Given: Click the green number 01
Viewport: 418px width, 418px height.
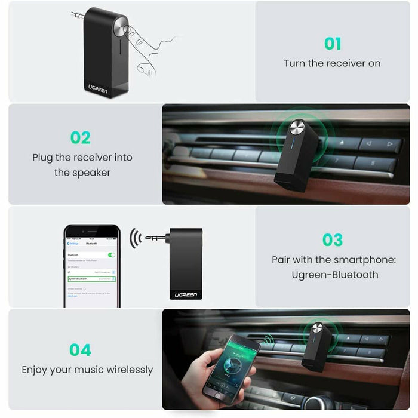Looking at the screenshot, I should click(x=333, y=44).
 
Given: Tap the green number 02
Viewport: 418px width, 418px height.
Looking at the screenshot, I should click(x=80, y=137).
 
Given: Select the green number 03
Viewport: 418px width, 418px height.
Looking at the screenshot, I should click(x=333, y=240).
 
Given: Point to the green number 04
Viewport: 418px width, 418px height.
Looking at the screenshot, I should click(x=80, y=349).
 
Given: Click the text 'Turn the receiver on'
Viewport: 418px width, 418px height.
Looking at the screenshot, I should click(x=332, y=63).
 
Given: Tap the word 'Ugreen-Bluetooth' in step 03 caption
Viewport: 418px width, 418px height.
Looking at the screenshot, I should click(x=335, y=275).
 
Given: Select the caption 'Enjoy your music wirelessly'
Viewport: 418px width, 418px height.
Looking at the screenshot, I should click(x=87, y=370).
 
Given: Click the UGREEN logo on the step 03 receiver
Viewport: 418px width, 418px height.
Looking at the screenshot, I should click(x=186, y=294).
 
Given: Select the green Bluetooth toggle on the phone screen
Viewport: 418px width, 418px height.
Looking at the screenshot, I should click(x=110, y=254).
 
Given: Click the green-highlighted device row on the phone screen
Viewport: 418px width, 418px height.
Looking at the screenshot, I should click(x=92, y=278).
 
